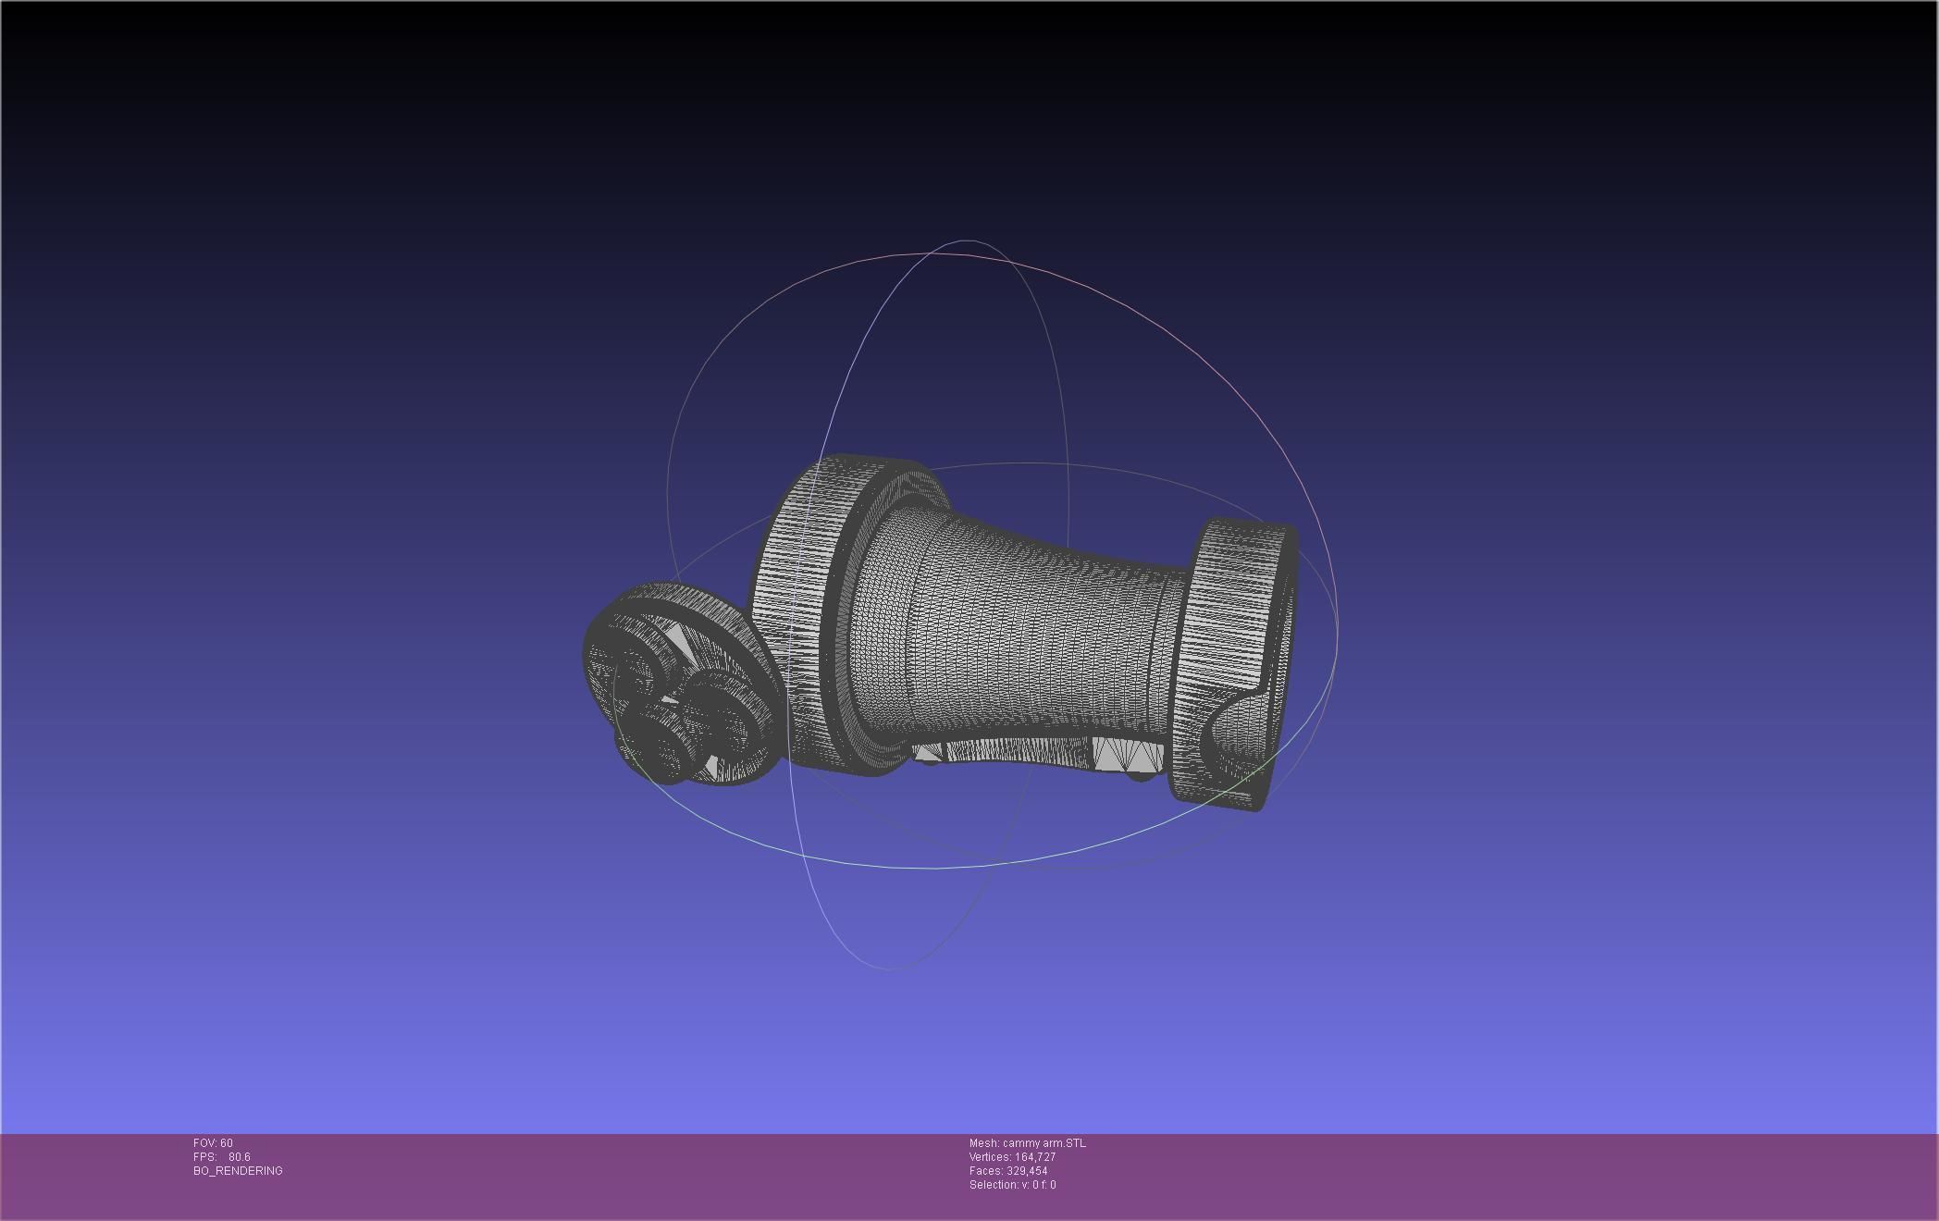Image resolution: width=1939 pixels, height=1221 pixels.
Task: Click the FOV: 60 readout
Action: pos(213,1143)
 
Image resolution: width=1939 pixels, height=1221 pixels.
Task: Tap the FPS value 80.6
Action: pos(239,1157)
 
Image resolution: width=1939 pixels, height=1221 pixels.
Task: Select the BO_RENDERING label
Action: pos(238,1171)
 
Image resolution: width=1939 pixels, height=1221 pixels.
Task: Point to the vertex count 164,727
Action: pos(1035,1157)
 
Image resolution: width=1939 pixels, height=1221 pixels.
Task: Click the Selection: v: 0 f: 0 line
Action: pos(1012,1185)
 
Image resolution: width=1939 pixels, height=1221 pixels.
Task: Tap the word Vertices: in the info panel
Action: pos(990,1157)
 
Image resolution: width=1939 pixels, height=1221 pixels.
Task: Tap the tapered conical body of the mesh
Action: pos(1008,629)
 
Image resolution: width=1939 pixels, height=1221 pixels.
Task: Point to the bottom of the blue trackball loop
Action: pos(888,968)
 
